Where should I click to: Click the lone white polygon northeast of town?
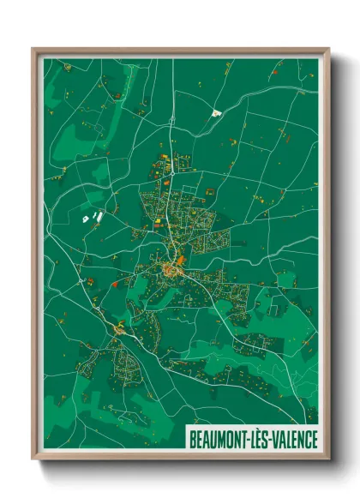(215, 111)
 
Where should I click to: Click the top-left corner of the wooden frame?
(33, 49)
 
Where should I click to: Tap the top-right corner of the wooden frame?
(329, 49)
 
